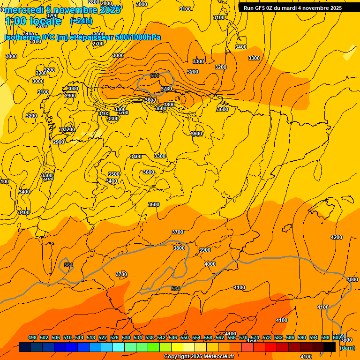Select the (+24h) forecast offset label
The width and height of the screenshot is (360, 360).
point(81,21)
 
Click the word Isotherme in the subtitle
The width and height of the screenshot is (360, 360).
point(22,37)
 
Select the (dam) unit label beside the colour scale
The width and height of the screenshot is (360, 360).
point(347,348)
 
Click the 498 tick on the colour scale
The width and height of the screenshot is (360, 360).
point(32,338)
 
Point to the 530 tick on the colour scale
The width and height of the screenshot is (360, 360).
point(126,338)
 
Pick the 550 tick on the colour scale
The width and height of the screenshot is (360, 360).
point(185,338)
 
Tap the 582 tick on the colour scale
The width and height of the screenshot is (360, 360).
point(278,338)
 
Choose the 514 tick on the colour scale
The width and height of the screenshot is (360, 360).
point(79,338)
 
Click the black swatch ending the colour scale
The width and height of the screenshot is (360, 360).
point(330,347)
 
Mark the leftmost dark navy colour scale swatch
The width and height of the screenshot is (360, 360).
point(25,347)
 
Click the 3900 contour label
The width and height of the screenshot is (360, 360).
point(205,250)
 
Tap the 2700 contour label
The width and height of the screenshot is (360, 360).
point(98,44)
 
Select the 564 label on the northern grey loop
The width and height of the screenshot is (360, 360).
point(155,75)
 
